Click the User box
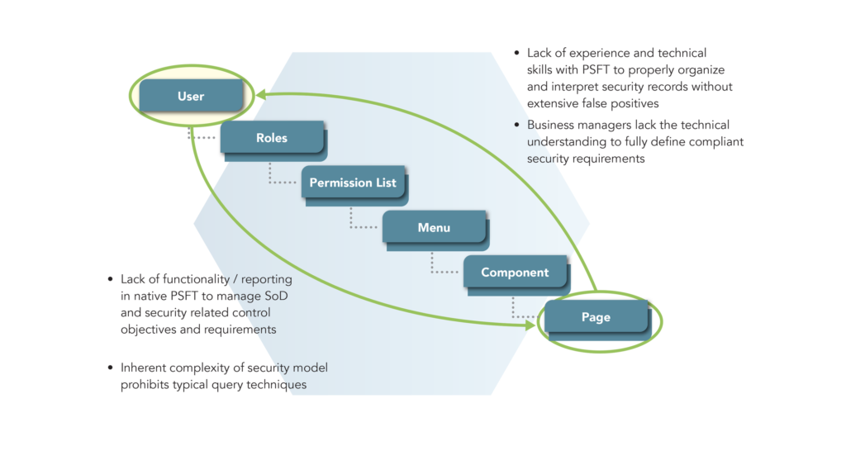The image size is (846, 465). coord(191,97)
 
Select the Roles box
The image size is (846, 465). coord(271,138)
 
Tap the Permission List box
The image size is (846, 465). coord(353,183)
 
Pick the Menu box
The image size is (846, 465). coord(434,227)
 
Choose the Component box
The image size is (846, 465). coord(515,273)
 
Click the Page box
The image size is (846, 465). coord(596,317)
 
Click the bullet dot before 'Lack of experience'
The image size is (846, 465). coord(516,53)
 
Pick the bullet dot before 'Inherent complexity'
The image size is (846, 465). coord(111,368)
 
